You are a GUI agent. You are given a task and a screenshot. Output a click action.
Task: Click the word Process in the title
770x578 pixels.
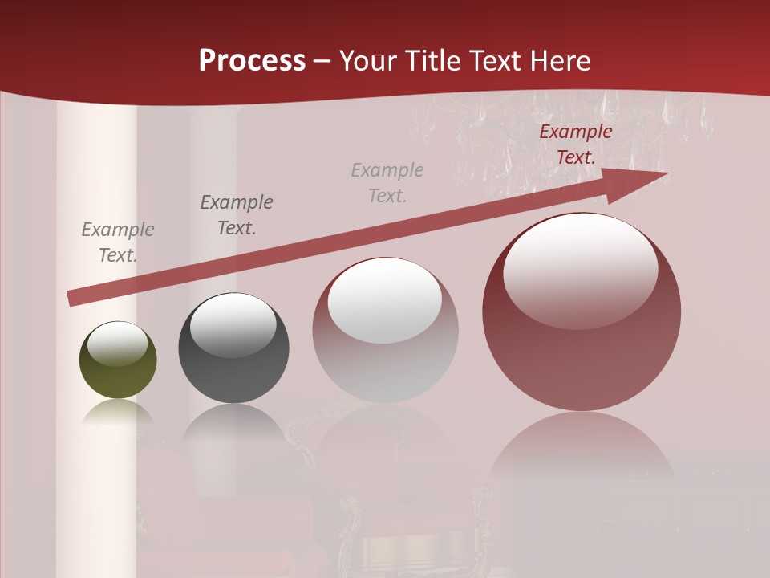(252, 61)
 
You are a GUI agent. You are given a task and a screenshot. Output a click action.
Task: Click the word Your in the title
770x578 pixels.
(368, 61)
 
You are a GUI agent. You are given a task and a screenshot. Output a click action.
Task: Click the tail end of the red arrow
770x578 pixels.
(72, 298)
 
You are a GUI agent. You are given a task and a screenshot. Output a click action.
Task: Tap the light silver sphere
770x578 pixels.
(385, 361)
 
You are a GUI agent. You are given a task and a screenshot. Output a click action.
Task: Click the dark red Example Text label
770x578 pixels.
(575, 144)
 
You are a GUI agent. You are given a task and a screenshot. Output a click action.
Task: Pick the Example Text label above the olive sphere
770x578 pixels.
(118, 242)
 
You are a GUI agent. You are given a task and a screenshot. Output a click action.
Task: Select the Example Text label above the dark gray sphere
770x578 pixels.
(237, 215)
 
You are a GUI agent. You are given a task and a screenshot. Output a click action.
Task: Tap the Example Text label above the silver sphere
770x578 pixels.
(387, 182)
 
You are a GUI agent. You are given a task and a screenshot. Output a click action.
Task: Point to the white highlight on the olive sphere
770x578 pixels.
(118, 343)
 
